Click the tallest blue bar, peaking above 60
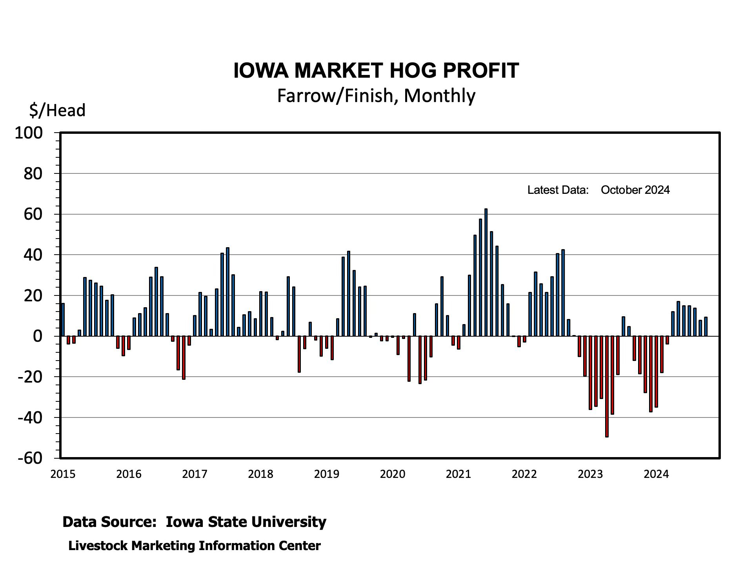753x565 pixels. pos(486,272)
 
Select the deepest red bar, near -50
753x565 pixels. pos(607,386)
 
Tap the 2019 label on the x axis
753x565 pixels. pos(326,474)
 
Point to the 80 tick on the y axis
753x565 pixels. pos(33,174)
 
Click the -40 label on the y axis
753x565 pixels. pos(30,418)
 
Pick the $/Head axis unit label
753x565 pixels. pos(57,110)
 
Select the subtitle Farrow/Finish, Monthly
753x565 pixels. pos(376,96)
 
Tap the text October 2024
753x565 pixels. pos(635,190)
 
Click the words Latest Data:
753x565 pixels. pos(558,190)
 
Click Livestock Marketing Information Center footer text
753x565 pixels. pos(195,546)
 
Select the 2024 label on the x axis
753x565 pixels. pos(656,474)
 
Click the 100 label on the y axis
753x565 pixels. pos(28,133)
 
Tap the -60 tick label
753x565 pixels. pos(30,458)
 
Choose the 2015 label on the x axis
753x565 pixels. pos(63,474)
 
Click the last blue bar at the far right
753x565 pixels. pos(706,326)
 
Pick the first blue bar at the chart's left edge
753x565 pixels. pos(63,320)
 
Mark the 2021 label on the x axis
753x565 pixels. pos(458,474)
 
